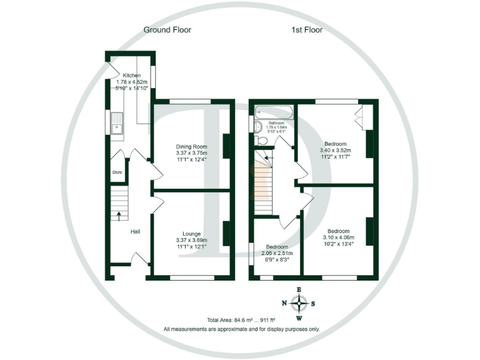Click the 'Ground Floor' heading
coord(167,29)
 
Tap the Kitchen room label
coord(131,75)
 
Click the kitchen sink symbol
coord(117,128)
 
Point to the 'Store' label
coord(116,172)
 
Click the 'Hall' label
coord(135,231)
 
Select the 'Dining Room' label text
coord(191,146)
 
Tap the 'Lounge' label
coord(191,234)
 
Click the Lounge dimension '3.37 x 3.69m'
coord(191,241)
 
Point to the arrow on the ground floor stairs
coord(119,216)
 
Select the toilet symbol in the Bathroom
coord(262,141)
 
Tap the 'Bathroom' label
coord(276,122)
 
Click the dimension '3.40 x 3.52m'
coord(336,150)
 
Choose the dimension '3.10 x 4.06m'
coord(339,237)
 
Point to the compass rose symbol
coord(300,304)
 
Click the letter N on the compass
coord(284,304)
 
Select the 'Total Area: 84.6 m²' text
coord(222,319)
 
